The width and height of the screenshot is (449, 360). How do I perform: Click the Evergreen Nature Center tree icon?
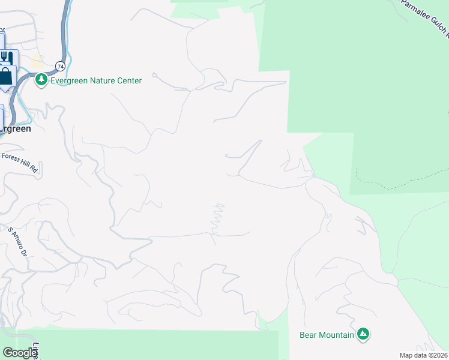pos(41,80)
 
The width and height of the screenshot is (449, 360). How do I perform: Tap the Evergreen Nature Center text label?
pos(96,80)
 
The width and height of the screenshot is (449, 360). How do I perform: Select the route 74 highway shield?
pos(60,65)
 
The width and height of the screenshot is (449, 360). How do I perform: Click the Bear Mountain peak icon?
pos(363,334)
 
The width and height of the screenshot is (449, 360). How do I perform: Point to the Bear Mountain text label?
pos(327,335)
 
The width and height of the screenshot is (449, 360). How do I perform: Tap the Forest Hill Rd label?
pos(20,162)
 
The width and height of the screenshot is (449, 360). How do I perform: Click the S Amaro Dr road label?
pos(17,240)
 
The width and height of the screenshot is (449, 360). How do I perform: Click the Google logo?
pos(20,353)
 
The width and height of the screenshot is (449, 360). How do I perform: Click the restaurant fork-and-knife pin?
pos(7,58)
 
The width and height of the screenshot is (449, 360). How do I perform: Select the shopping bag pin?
pos(6,76)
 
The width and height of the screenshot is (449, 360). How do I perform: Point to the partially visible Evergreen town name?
pos(15,128)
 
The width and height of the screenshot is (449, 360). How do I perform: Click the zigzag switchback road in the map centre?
pos(217,219)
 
